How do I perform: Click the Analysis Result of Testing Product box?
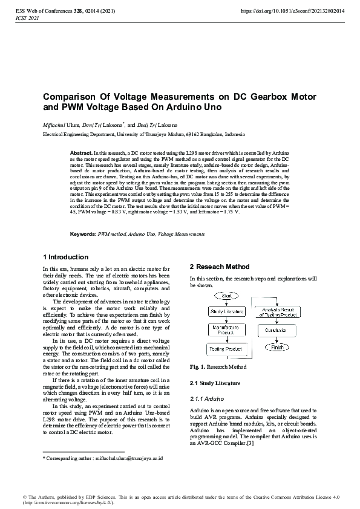coord(277,311)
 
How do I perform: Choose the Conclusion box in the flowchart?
coord(277,331)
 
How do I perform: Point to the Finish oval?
coord(277,348)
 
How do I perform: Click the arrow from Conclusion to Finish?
coord(277,340)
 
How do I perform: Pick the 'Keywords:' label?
coord(83,233)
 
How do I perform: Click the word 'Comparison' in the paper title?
coord(68,97)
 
